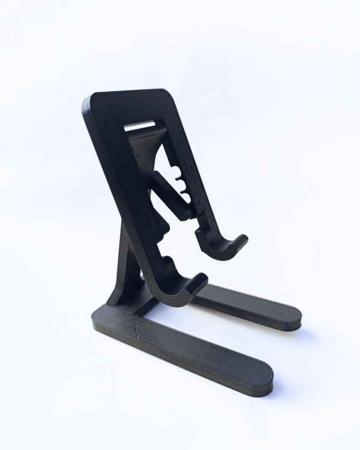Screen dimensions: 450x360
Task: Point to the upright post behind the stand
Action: (x=123, y=264)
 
